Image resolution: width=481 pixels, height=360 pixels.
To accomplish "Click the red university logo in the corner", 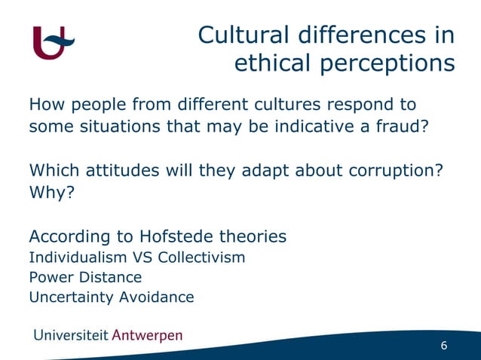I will click(54, 41).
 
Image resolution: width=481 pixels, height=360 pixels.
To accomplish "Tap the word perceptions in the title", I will click(384, 64).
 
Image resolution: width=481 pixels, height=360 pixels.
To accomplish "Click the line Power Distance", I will click(85, 277).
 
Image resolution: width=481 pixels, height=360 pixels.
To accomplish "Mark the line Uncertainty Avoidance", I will click(111, 297).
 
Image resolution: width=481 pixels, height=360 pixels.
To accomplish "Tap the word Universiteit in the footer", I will click(69, 335).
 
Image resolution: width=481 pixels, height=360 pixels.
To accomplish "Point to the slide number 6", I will click(444, 346).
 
